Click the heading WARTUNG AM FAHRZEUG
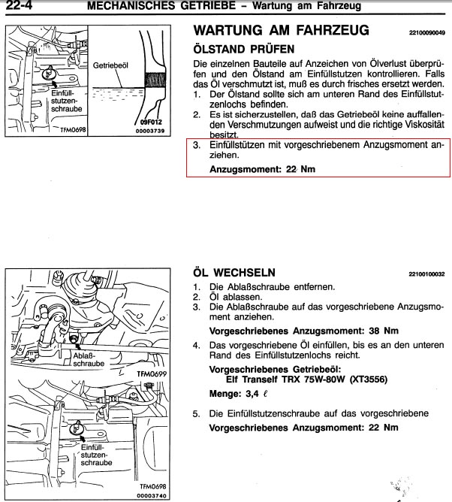[x=281, y=31]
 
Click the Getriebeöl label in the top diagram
[x=110, y=65]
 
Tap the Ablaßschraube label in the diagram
[x=89, y=358]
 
